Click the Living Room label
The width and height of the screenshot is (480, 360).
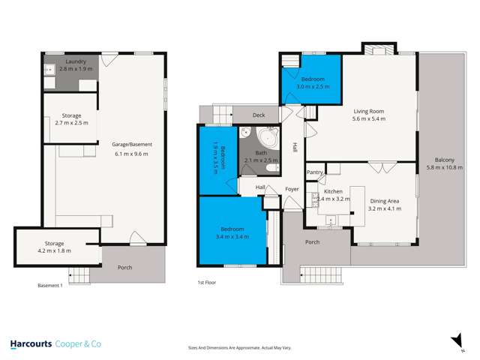(369, 115)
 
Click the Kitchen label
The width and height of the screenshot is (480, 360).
(332, 192)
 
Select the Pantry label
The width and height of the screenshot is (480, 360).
(314, 173)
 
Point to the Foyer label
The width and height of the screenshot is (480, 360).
(291, 189)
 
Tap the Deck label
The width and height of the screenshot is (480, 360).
(259, 115)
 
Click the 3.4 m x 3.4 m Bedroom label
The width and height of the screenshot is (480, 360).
(233, 232)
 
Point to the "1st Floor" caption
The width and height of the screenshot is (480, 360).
(207, 282)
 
